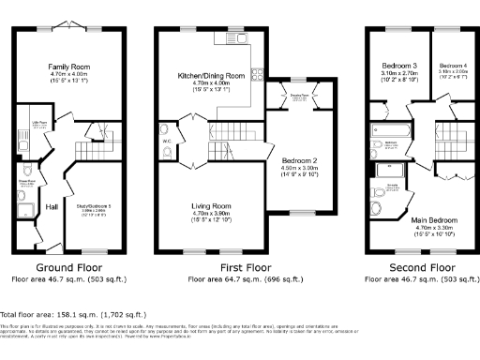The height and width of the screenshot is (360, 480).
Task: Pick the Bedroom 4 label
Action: pyautogui.click(x=452, y=66)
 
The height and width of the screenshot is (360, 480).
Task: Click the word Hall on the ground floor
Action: pyautogui.click(x=26, y=206)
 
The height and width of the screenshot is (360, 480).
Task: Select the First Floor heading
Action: pyautogui.click(x=246, y=267)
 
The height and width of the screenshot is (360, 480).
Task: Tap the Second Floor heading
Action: pyautogui.click(x=413, y=267)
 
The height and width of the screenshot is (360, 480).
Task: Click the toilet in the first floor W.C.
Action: pyautogui.click(x=168, y=129)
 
